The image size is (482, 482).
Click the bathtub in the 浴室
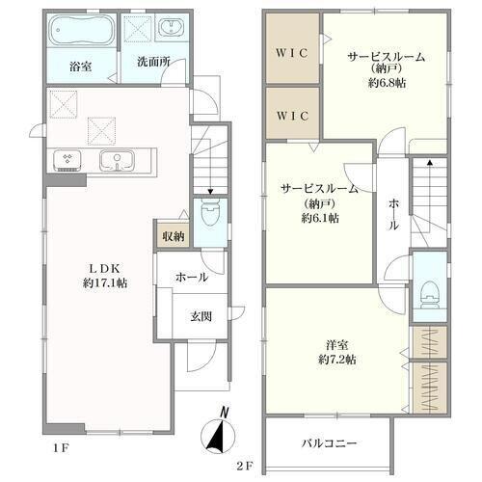click(83, 30)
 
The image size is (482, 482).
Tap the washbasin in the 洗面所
click(171, 27)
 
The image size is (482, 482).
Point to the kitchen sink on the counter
click(117, 160)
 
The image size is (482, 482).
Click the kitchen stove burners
click(67, 159)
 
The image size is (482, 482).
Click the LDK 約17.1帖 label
click(105, 276)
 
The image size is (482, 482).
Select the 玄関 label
click(201, 316)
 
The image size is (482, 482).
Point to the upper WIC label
click(292, 53)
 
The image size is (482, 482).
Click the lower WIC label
click(292, 116)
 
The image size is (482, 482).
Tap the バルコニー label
click(329, 443)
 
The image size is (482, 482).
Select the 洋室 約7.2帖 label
click(337, 353)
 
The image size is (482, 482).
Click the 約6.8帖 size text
click(387, 83)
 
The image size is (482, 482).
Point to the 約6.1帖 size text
click(320, 218)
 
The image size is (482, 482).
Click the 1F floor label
click(61, 448)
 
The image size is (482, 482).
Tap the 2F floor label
click(245, 466)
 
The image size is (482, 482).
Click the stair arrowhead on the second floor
click(429, 162)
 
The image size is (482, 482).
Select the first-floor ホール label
click(192, 277)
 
